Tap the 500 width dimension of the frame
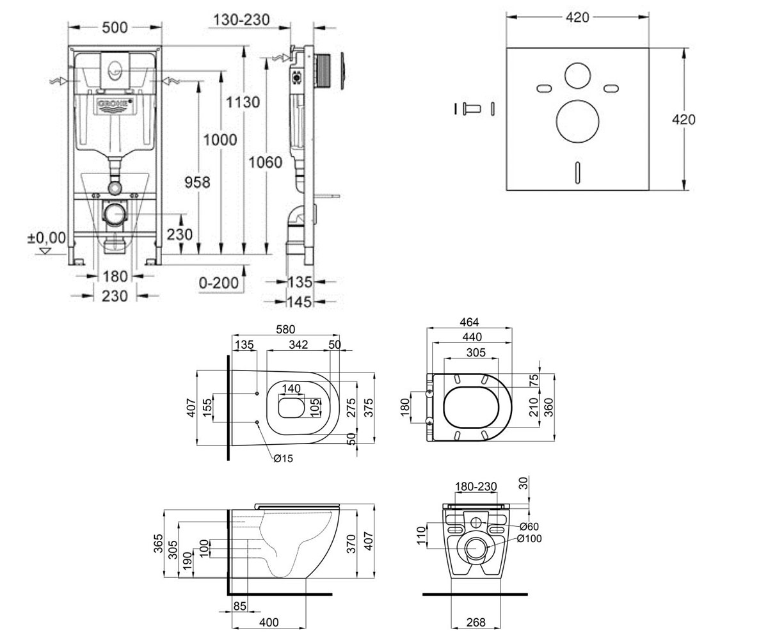(x=115, y=28)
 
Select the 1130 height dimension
(x=243, y=102)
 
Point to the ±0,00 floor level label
(x=47, y=238)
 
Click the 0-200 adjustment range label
(x=219, y=283)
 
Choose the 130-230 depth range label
(x=242, y=19)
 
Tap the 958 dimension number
(x=197, y=182)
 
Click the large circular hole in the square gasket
(x=577, y=122)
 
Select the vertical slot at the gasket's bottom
(x=577, y=173)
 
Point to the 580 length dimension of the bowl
(x=285, y=329)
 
